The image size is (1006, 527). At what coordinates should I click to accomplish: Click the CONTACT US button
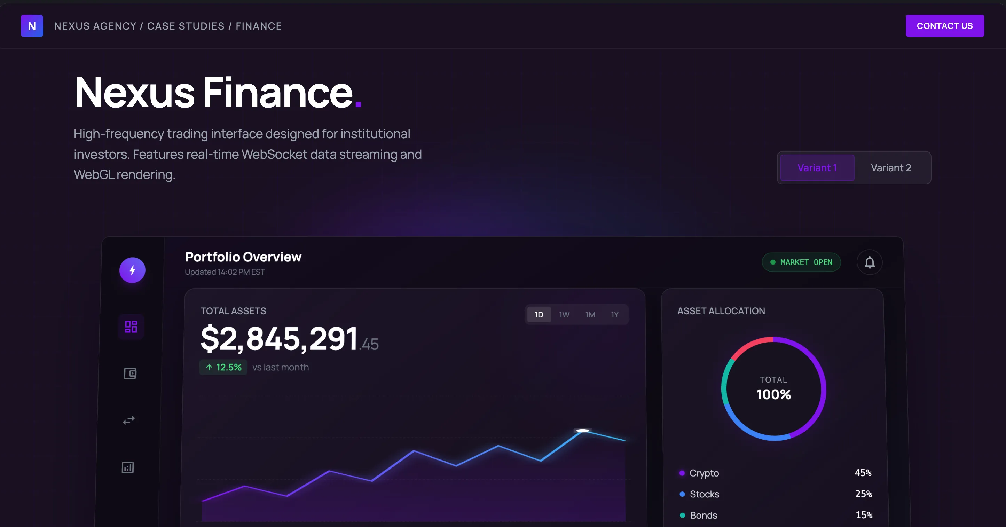(944, 26)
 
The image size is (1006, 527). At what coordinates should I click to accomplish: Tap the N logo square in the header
(32, 26)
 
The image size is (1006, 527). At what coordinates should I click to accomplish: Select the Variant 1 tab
(817, 168)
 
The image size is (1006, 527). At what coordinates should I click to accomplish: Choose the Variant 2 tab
(891, 168)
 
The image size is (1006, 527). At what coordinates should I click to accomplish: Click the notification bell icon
(869, 262)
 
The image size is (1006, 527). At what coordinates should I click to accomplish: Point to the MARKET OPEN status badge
(801, 262)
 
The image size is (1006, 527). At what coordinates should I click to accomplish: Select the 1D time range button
(539, 315)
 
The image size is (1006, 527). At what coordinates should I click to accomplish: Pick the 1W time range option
(564, 315)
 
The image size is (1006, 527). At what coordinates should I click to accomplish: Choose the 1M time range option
(590, 315)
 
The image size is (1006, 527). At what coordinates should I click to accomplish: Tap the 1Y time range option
(615, 315)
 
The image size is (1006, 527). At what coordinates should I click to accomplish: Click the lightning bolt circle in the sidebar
(132, 270)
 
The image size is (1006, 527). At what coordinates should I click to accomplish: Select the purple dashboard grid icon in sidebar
(131, 327)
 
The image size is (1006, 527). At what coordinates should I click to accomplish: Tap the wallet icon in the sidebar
(130, 373)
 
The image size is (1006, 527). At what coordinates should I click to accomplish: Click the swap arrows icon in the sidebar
(129, 420)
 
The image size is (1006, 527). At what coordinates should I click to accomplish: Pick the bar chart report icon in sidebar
(128, 467)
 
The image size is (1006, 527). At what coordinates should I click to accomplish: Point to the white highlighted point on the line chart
(583, 431)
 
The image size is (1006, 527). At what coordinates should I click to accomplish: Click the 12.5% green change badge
(223, 367)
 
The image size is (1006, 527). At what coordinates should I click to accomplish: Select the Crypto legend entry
(704, 473)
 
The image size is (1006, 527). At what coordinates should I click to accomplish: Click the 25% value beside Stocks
(863, 494)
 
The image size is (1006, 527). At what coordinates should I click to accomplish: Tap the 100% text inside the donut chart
(773, 395)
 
